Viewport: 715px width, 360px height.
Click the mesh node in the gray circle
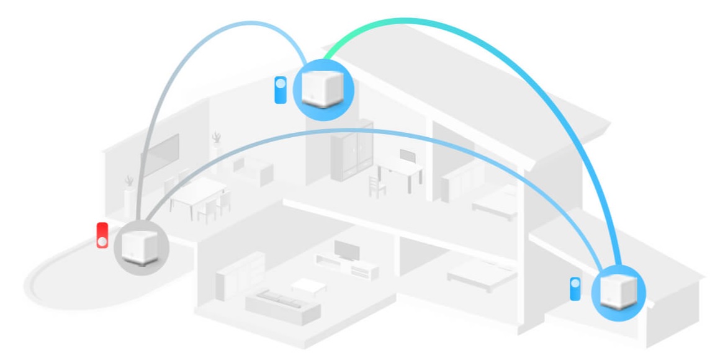141,246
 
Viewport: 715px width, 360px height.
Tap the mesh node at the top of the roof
323,88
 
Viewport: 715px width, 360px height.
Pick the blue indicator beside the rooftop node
281,89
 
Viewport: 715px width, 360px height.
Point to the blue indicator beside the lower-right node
575,289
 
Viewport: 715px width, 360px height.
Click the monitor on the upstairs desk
407,155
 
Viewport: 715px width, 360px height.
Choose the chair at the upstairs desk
374,184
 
